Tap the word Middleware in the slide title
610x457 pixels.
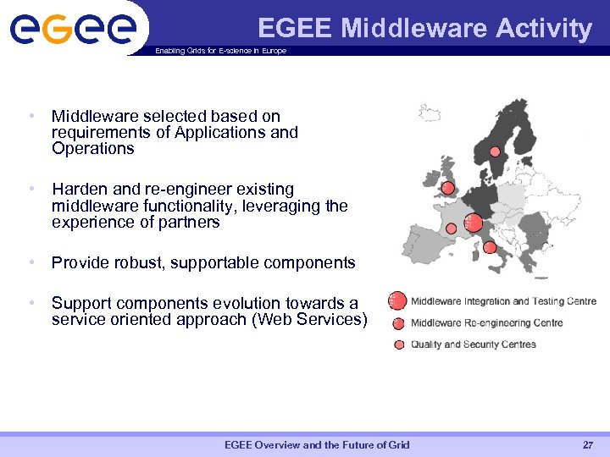(413, 29)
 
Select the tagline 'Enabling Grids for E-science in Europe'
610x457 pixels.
(220, 51)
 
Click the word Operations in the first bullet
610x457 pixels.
(92, 149)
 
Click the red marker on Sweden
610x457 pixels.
(496, 151)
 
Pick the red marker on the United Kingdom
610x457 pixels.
(447, 188)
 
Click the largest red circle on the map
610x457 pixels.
(474, 223)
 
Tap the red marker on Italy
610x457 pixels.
(490, 247)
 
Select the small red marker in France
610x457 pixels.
(452, 228)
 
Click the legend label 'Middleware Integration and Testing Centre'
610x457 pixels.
(503, 301)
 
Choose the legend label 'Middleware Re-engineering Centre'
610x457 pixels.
(486, 322)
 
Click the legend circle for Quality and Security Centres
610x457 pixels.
(398, 344)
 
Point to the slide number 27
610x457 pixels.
(588, 445)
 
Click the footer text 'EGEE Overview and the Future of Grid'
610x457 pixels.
(317, 445)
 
